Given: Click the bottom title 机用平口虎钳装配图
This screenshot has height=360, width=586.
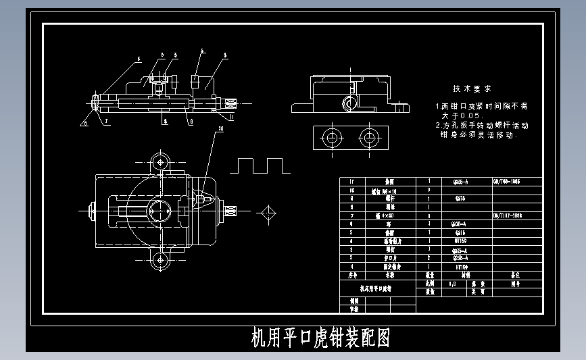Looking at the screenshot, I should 320,338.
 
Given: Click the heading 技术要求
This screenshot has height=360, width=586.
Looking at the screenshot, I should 472,89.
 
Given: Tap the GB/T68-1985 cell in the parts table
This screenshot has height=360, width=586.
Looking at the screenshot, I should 516,182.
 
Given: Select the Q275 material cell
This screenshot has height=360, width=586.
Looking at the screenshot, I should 459,199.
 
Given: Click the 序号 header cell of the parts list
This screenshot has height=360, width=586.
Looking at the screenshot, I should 351,276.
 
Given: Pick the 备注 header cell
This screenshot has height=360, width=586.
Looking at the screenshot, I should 516,276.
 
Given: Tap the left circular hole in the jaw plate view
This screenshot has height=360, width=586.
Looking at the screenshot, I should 332,138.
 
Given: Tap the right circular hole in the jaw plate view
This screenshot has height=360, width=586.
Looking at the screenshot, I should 368,138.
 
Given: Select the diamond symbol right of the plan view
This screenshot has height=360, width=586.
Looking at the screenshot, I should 268,213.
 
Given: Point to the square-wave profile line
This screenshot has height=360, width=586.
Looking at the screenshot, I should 260,165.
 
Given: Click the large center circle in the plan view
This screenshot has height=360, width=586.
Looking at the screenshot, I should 161,210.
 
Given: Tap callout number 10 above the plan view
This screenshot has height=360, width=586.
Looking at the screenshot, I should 220,129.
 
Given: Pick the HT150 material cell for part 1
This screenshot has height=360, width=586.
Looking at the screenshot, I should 459,267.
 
